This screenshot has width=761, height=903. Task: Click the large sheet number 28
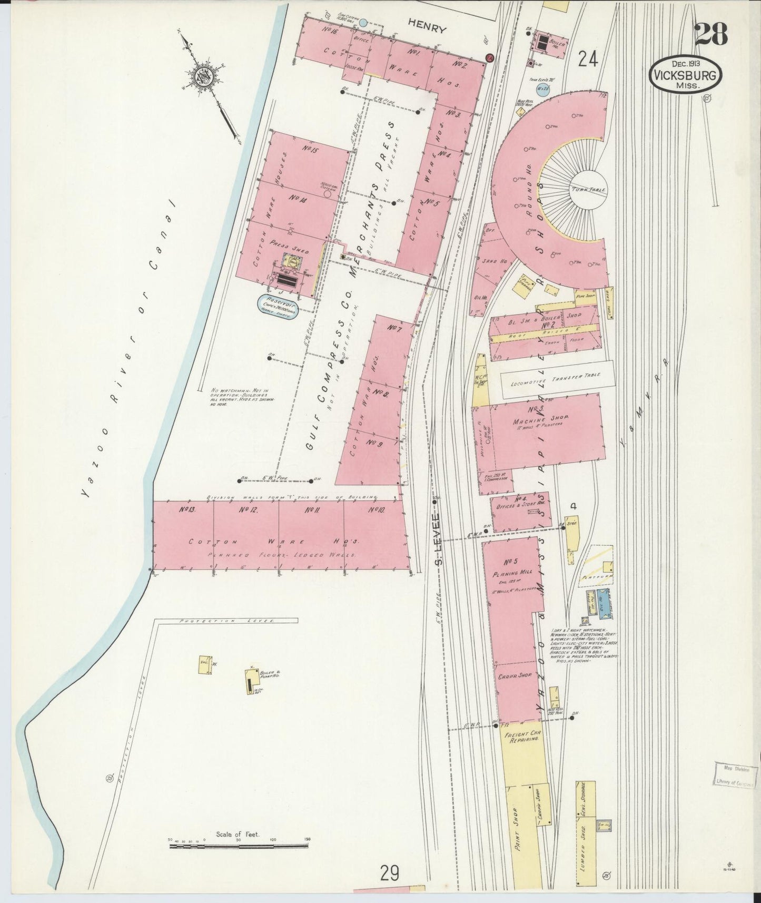[x=710, y=35]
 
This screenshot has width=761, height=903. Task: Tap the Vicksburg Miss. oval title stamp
[x=685, y=75]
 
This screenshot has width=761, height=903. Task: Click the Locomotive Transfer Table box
[x=557, y=379]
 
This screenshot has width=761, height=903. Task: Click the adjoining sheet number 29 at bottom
[x=390, y=873]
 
